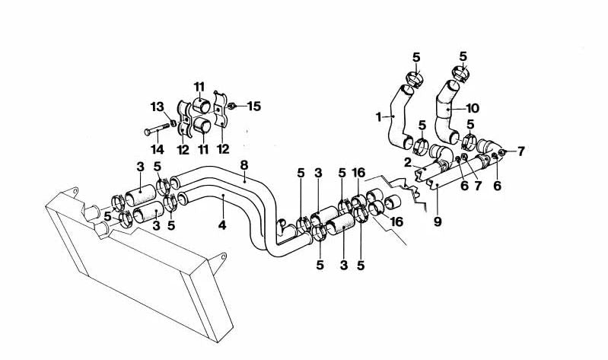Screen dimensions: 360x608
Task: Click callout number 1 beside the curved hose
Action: (x=378, y=117)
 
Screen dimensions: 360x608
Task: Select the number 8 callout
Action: (x=244, y=164)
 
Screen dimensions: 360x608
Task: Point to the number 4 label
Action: (x=222, y=226)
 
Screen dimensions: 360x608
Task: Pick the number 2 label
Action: (x=407, y=162)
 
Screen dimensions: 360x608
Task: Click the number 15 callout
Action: (x=254, y=106)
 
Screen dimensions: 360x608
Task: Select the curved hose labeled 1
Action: (x=396, y=122)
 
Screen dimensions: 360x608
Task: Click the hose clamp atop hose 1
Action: (x=412, y=78)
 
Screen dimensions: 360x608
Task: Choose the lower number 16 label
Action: (x=396, y=221)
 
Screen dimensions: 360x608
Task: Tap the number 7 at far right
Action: (x=520, y=151)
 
